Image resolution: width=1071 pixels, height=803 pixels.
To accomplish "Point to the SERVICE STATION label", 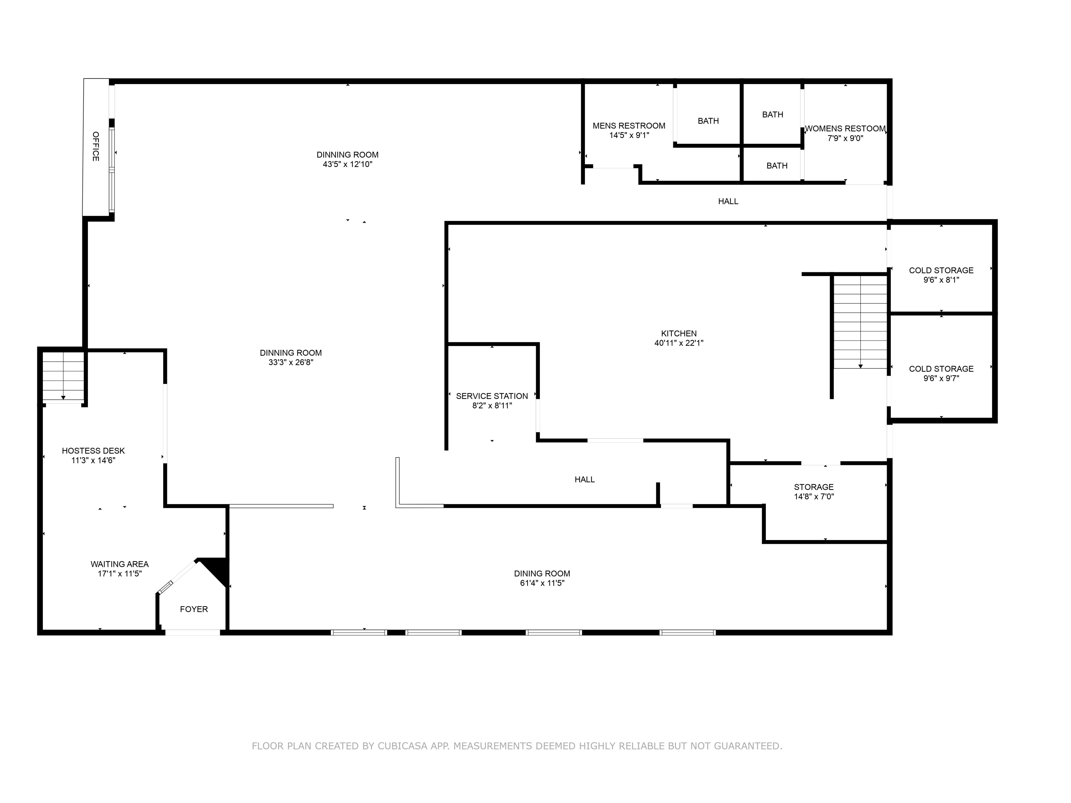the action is point(492,396).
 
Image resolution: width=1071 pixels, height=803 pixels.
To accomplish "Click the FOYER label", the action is point(194,609).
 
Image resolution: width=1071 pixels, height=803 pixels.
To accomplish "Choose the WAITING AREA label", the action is point(120,564).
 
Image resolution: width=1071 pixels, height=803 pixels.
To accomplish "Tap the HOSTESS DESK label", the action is point(93,451).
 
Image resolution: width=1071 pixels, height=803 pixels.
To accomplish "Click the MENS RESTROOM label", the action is point(629,126).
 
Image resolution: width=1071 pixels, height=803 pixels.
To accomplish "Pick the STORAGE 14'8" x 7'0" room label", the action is point(814,487).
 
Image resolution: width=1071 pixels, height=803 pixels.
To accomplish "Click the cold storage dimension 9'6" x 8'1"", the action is point(941,280).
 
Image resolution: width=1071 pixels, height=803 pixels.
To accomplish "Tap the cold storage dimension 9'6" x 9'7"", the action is point(941,378).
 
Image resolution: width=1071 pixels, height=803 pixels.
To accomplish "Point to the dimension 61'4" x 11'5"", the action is point(542,583).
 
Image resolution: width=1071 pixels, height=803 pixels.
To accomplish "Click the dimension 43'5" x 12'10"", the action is point(348,164).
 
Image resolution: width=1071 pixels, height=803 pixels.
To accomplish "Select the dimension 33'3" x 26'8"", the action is point(291,362).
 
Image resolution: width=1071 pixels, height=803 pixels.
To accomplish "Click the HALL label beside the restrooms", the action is point(728,201).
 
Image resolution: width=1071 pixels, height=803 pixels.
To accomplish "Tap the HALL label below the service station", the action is point(585,480).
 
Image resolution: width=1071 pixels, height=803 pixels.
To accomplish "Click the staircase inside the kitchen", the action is point(860,322).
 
